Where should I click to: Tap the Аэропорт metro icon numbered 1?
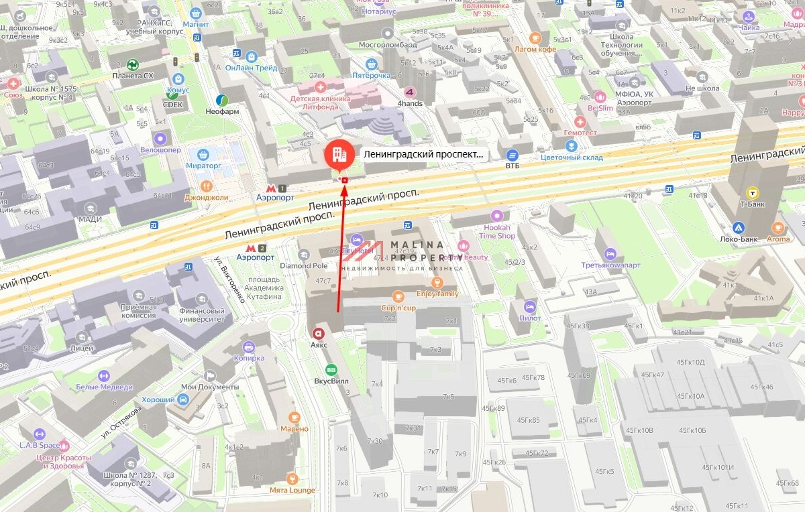(275, 188)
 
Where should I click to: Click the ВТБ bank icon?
(513, 155)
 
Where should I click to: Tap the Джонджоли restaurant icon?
(207, 186)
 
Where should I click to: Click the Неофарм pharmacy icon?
(221, 101)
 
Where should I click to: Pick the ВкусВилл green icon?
(331, 369)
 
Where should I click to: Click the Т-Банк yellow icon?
(752, 193)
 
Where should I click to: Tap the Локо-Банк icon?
(739, 228)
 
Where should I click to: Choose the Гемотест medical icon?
(580, 122)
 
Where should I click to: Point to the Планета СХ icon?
(133, 65)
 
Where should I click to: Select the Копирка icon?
(249, 346)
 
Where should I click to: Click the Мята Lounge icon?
(292, 478)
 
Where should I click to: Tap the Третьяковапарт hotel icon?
(610, 253)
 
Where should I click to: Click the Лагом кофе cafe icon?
(535, 38)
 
